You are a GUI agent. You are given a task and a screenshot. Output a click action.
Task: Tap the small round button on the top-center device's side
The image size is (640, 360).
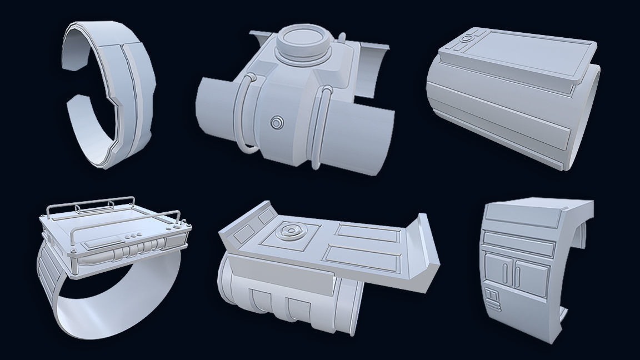coord(277,122)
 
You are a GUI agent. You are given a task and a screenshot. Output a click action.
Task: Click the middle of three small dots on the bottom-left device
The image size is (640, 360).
coord(135,236)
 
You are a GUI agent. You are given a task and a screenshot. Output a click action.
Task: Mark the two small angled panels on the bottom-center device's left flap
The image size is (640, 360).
coord(244,231)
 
